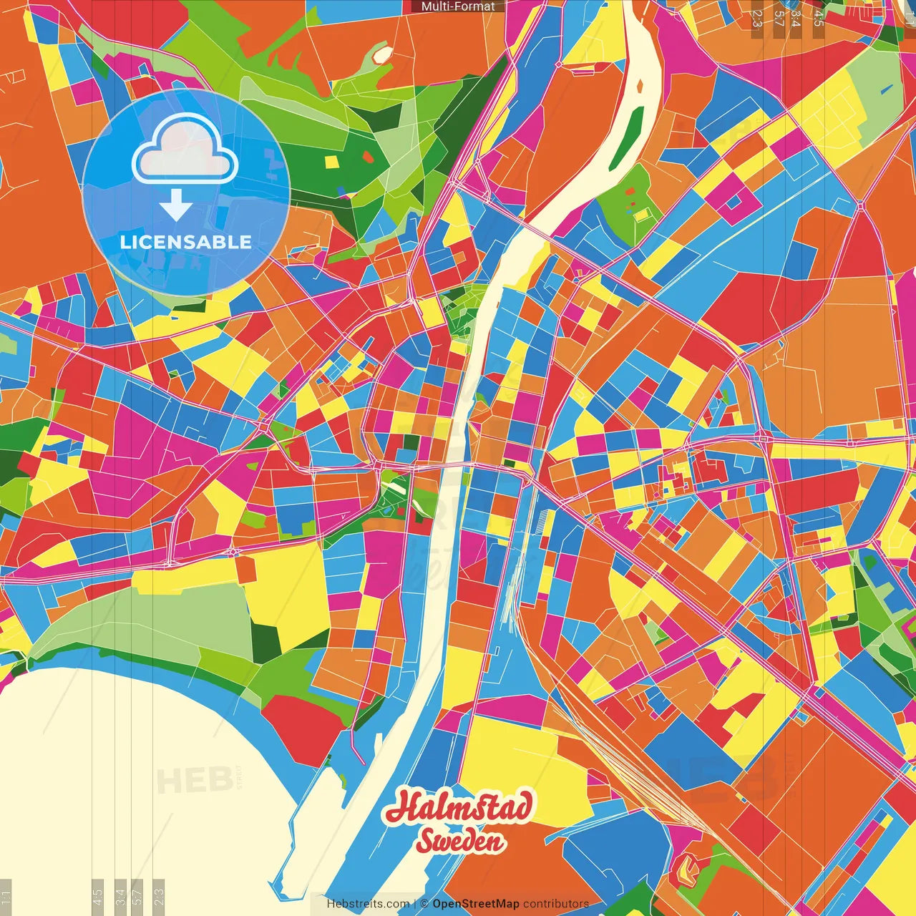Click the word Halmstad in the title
point(459,807)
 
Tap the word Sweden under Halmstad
point(461,842)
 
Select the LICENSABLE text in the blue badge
point(185,242)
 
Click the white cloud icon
point(185,150)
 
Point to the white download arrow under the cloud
point(175,205)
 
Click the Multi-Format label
point(458,6)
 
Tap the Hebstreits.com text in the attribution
point(368,904)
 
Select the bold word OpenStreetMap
point(475,904)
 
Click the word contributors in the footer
point(556,904)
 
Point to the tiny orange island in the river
point(640,86)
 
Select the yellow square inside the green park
point(331,162)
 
